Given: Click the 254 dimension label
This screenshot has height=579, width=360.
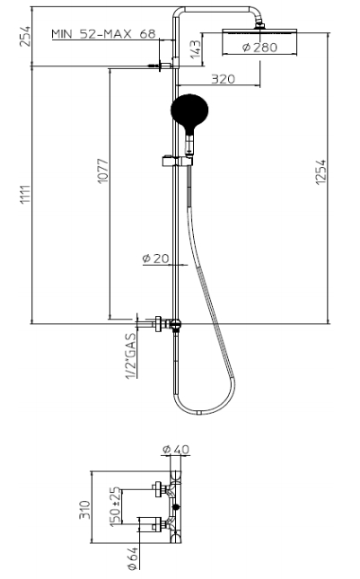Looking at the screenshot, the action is (x=25, y=36).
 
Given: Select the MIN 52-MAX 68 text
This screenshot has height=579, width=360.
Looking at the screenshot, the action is (x=103, y=34).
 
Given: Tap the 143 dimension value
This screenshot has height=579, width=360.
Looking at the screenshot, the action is (x=196, y=49).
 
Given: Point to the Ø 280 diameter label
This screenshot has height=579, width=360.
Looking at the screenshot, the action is (x=259, y=48).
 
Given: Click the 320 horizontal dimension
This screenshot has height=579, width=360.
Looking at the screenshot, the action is (x=223, y=79).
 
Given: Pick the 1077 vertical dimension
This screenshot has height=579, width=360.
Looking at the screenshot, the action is (x=102, y=171).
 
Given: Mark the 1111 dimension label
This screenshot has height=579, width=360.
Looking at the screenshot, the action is (x=25, y=195).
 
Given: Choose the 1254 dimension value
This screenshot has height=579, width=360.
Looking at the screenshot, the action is (x=320, y=172).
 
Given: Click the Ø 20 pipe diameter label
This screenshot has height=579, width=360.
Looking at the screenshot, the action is (x=156, y=259).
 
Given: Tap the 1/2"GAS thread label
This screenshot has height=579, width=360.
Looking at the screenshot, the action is (x=131, y=356).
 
